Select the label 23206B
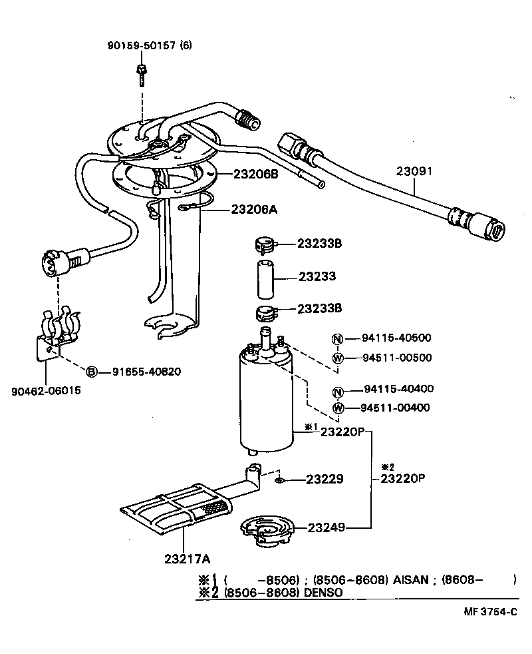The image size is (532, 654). (255, 174)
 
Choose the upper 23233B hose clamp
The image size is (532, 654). (264, 244)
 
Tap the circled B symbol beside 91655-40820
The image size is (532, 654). (92, 371)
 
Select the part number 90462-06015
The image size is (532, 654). (47, 390)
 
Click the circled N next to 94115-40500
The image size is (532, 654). (337, 338)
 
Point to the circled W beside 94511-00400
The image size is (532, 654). (337, 408)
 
